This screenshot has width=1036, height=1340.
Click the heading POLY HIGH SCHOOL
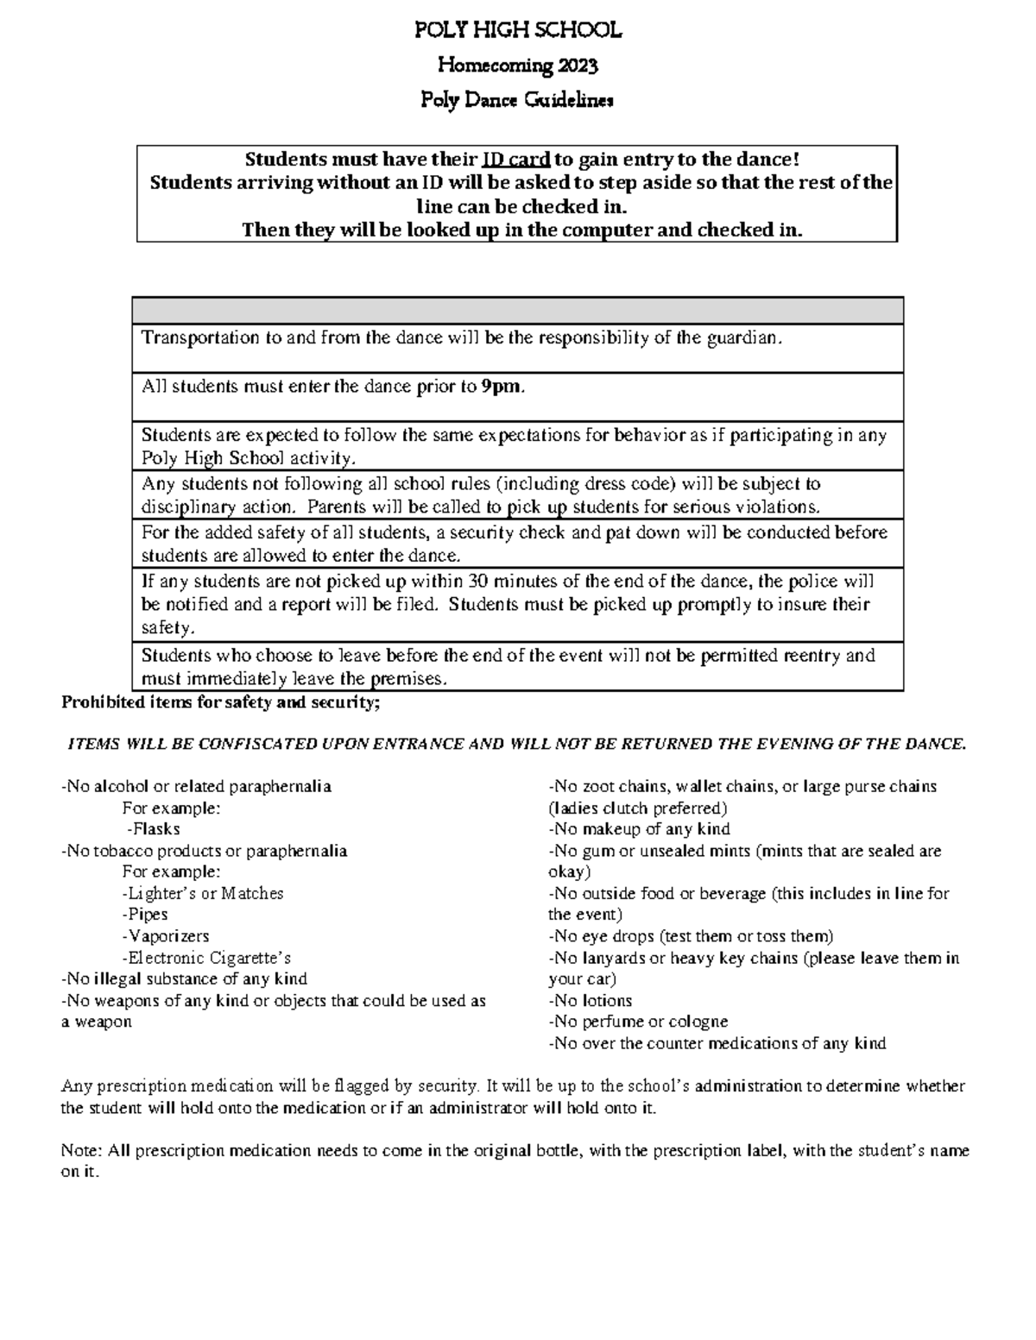coord(518,31)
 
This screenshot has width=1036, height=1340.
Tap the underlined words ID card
coord(516,160)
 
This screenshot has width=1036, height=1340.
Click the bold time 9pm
coord(502,387)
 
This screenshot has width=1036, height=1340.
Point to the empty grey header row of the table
coord(518,311)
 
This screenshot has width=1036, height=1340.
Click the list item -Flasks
coord(154,829)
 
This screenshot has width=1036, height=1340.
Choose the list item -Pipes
coord(145,915)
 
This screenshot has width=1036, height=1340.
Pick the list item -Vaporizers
coord(166,936)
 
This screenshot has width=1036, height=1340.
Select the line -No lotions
coord(591,1001)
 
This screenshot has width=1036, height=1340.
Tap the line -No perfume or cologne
coord(638,1022)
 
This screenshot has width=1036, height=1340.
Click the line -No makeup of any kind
coord(639,829)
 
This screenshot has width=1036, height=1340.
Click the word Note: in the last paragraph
coord(81,1150)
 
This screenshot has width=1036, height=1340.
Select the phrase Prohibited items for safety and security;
coord(220,702)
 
